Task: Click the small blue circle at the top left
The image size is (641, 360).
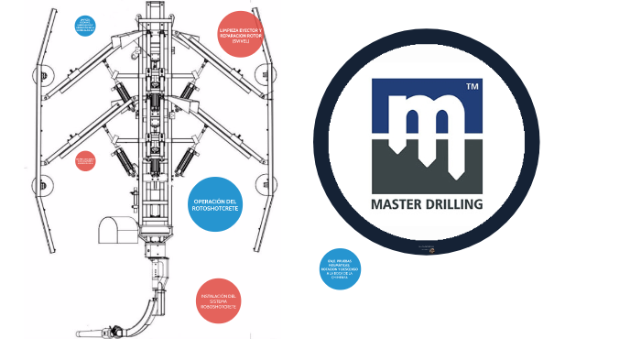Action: [85, 25]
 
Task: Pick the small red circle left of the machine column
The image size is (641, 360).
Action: [85, 161]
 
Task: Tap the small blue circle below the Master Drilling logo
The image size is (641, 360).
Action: [339, 269]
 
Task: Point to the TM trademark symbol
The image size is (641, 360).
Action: [472, 86]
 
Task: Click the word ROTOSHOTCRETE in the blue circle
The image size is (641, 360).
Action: [217, 210]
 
